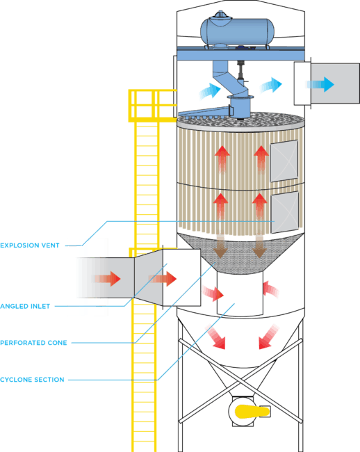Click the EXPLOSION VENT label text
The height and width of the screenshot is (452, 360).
(32, 245)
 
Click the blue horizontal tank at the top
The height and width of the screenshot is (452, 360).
(237, 30)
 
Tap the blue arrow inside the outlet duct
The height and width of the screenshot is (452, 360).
(321, 84)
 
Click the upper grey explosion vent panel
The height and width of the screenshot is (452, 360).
(284, 161)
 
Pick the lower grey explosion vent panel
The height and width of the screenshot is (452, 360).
(284, 211)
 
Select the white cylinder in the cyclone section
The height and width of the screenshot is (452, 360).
(240, 293)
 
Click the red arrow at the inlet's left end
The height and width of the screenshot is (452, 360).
(108, 279)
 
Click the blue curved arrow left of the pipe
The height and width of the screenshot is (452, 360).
(208, 90)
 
